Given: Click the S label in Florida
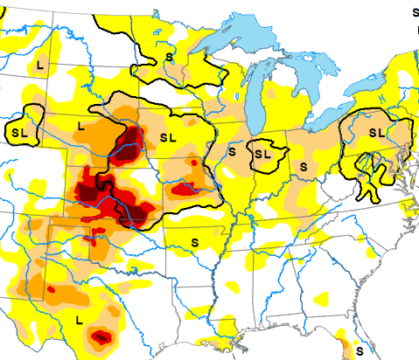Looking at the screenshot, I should (360, 350).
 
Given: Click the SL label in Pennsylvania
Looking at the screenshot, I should (376, 132).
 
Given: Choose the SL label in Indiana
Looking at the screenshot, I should (262, 153).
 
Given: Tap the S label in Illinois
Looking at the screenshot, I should (232, 151).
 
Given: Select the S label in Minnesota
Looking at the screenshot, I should (169, 57).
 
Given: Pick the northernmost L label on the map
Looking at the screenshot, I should (41, 66).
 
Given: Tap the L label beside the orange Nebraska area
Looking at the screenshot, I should (80, 127).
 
